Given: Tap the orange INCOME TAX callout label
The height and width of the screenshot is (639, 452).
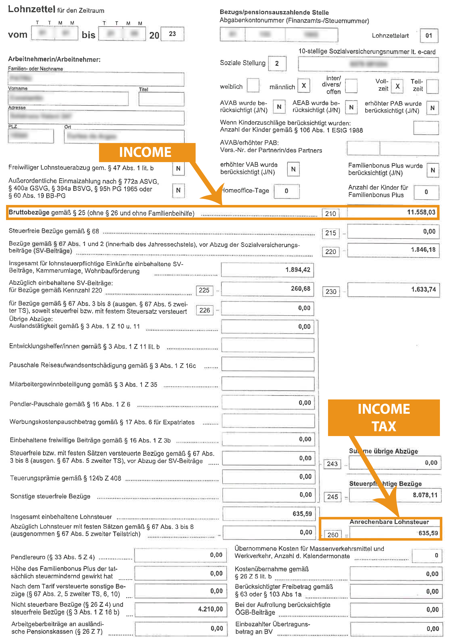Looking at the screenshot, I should click(384, 418).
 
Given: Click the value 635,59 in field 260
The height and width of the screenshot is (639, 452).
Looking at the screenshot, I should click(428, 533).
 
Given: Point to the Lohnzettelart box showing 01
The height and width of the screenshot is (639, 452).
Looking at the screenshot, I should click(429, 36).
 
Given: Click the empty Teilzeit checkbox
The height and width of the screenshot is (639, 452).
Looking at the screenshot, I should click(432, 86).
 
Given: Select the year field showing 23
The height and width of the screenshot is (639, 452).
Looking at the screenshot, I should click(172, 34).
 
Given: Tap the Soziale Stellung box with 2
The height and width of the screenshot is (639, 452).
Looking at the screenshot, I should click(277, 63).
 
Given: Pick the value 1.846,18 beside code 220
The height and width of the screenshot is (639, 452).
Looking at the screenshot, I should click(423, 250).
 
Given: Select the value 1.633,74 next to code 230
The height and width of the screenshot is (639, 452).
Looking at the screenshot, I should click(423, 289).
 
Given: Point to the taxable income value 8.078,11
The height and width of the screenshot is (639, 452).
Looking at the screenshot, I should click(425, 495).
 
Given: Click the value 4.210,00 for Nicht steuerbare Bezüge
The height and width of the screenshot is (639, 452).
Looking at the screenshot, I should click(210, 609).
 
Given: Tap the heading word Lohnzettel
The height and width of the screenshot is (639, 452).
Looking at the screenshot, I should click(31, 9).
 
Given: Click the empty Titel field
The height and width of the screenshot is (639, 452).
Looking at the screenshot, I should click(161, 99).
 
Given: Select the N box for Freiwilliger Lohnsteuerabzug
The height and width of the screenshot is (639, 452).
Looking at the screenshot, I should click(178, 168).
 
